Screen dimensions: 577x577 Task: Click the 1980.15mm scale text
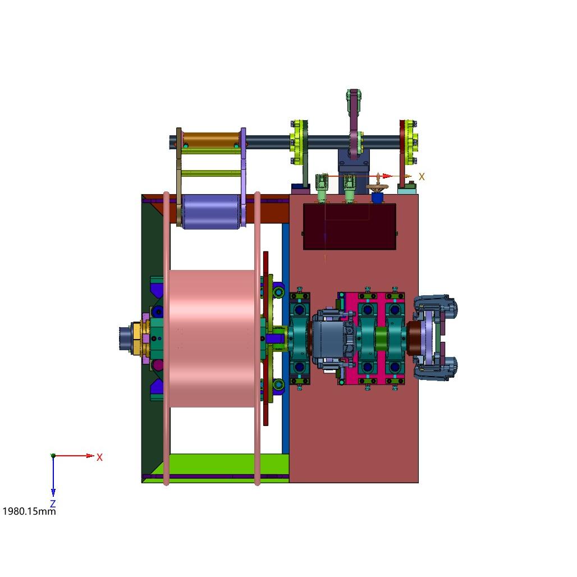pyautogui.click(x=29, y=511)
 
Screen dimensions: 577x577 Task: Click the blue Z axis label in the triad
pyautogui.click(x=53, y=503)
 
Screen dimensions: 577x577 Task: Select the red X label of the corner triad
pyautogui.click(x=99, y=457)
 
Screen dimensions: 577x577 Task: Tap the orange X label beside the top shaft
pyautogui.click(x=422, y=177)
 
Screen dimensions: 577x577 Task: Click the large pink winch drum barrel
pyautogui.click(x=212, y=338)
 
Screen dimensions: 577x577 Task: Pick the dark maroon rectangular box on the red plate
pyautogui.click(x=350, y=227)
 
